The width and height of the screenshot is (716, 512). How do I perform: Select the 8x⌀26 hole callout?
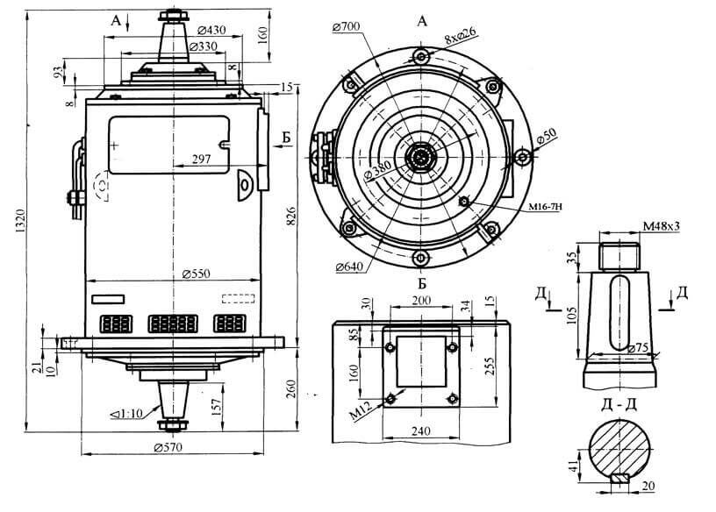tap(459, 38)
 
